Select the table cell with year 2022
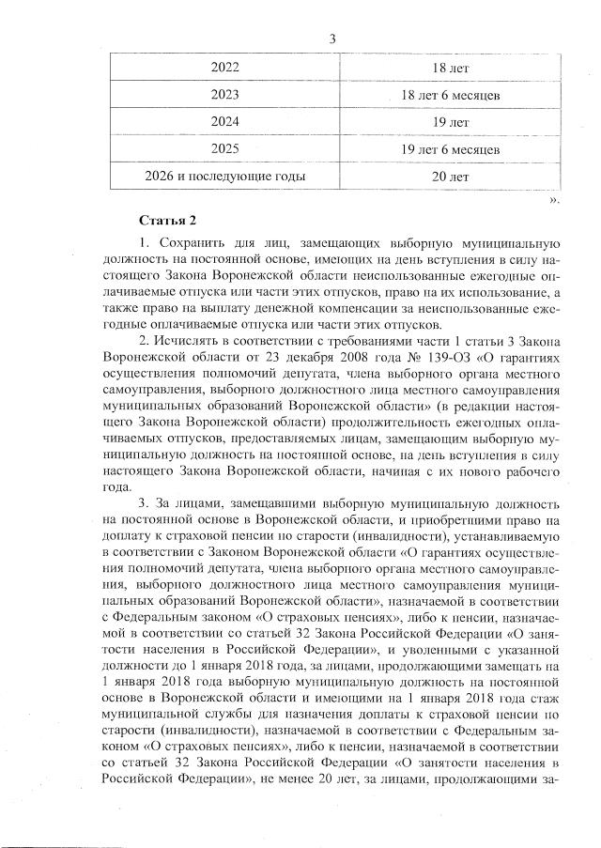225,69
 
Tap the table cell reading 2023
225,95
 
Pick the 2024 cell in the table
225,122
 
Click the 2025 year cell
225,149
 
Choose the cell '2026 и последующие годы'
225,176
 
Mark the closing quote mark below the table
554,199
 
